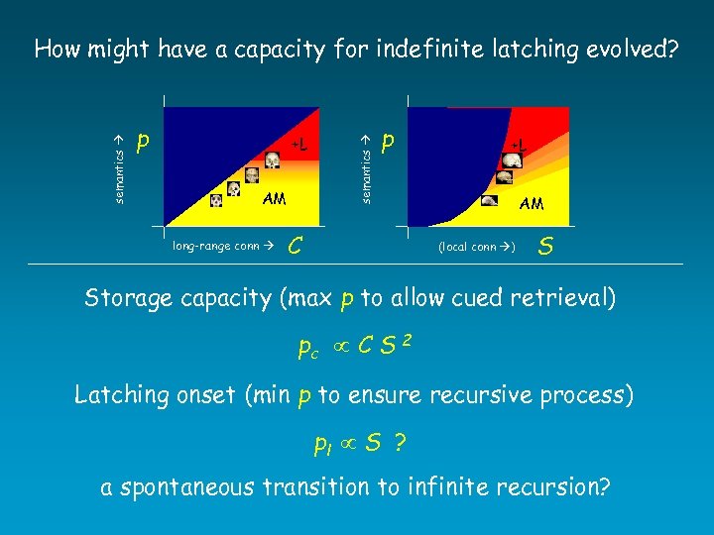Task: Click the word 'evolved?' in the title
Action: click(625, 50)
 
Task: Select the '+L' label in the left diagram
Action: click(298, 146)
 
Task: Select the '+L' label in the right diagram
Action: click(517, 145)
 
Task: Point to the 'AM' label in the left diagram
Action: click(274, 198)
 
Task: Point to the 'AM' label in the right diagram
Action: click(531, 203)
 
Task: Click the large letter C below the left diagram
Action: click(295, 244)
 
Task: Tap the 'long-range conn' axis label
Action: click(222, 245)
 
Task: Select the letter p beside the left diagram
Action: click(145, 145)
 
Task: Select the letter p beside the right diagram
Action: click(390, 145)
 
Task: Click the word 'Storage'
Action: click(127, 297)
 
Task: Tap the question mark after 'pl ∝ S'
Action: click(400, 443)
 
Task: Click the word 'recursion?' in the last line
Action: click(556, 488)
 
